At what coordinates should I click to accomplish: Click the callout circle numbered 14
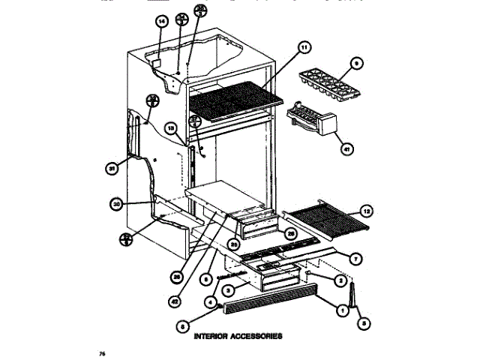160,22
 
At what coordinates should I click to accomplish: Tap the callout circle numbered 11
304,47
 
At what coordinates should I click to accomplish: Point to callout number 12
366,211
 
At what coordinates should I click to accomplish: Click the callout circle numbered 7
356,259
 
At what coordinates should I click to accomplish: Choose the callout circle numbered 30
116,202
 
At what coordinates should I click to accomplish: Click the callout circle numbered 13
171,128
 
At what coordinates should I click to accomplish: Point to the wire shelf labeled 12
325,223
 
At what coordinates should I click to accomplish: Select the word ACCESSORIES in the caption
256,337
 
